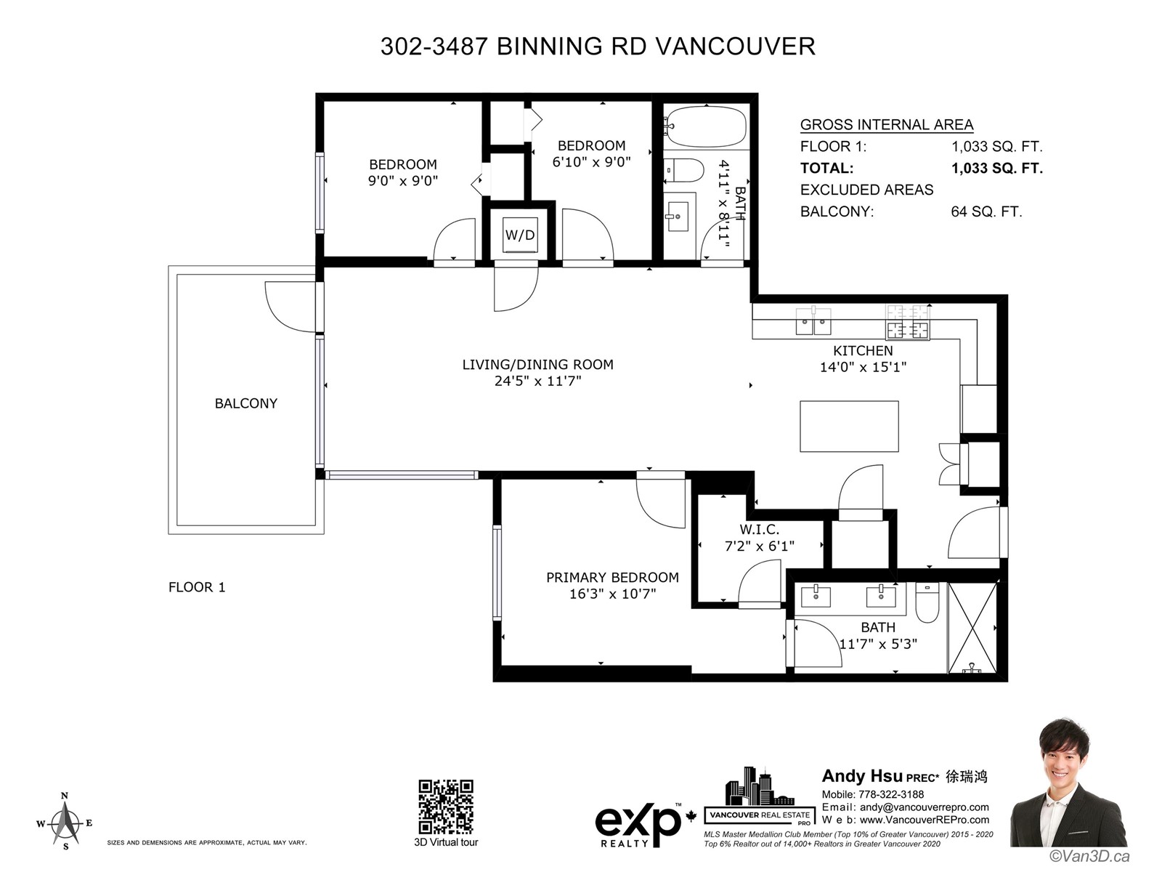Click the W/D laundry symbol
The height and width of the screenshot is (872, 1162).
point(520,235)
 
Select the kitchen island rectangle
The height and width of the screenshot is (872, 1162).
point(848,427)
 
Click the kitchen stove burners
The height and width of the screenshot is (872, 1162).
point(907,322)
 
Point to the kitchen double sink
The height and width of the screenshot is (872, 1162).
point(813,320)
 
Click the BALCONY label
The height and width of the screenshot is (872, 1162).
point(245,403)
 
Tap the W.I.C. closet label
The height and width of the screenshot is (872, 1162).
point(759,529)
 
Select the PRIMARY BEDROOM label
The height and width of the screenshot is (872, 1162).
point(612,577)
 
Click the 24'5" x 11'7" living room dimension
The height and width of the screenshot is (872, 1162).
point(538,381)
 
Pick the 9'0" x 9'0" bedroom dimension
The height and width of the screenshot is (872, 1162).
point(403,181)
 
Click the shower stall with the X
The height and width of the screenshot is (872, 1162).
point(972,627)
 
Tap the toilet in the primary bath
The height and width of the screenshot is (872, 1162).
point(927,602)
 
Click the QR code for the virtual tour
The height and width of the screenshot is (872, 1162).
point(446,807)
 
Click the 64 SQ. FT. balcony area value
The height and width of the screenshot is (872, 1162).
point(986,211)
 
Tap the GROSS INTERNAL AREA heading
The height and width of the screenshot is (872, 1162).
point(887,125)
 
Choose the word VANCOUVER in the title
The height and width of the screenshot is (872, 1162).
point(736,47)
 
